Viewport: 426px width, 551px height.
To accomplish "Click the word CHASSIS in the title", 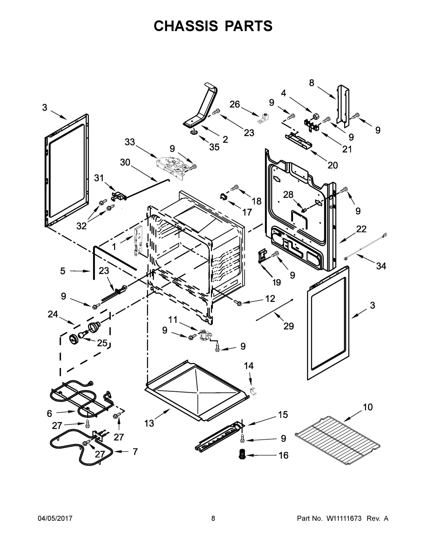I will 186,26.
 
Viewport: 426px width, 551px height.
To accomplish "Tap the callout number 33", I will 130,142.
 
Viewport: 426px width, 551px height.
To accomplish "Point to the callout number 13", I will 149,423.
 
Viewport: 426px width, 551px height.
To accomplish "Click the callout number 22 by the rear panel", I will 361,229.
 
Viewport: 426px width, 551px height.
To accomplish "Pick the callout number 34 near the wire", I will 381,266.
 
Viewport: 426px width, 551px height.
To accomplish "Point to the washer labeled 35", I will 194,132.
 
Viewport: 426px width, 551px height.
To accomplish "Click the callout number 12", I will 270,298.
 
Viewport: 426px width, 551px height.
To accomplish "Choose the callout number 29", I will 288,326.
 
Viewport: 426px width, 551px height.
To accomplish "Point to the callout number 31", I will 99,178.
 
